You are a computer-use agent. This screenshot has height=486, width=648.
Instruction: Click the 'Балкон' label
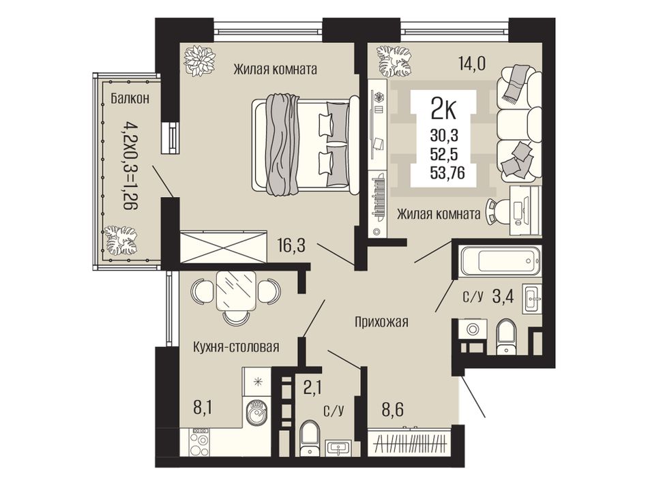pyautogui.click(x=130, y=99)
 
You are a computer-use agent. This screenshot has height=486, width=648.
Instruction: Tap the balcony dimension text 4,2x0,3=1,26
pyautogui.click(x=130, y=164)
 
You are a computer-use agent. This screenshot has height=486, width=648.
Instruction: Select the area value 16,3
pyautogui.click(x=291, y=247)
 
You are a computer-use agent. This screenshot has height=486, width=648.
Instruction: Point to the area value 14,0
pyautogui.click(x=471, y=63)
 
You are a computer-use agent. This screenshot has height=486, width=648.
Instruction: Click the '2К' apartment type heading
pyautogui.click(x=443, y=110)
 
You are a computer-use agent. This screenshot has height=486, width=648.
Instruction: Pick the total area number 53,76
pyautogui.click(x=447, y=172)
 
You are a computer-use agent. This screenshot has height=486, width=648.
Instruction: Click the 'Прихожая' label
pyautogui.click(x=381, y=322)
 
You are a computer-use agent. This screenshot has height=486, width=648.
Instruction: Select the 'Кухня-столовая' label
pyautogui.click(x=236, y=346)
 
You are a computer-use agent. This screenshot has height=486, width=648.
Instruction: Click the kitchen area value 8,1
pyautogui.click(x=203, y=408)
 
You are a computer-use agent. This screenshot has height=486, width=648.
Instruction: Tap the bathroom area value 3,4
pyautogui.click(x=503, y=296)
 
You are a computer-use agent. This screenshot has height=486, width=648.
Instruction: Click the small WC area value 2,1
pyautogui.click(x=312, y=388)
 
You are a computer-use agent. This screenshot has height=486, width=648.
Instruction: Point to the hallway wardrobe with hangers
pyautogui.click(x=409, y=443)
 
